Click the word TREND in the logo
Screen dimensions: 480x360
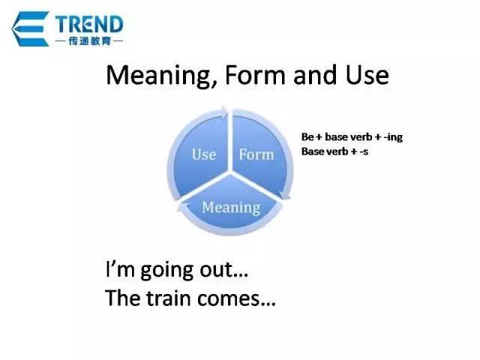(x=89, y=25)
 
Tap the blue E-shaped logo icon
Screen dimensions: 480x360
(x=30, y=29)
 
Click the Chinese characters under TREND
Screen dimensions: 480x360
(x=89, y=40)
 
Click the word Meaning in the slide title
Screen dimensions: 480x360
(x=161, y=75)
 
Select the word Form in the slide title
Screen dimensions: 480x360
(x=255, y=75)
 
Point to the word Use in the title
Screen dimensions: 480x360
(x=367, y=75)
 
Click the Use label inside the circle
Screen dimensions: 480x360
(x=204, y=154)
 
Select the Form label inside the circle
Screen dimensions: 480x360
(x=256, y=154)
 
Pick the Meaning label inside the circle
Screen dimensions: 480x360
(x=231, y=208)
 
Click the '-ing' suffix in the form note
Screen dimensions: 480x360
(x=393, y=137)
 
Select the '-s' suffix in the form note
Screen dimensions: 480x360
(x=364, y=151)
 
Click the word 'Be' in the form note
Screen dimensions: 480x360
(x=307, y=136)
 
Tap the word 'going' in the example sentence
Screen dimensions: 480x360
(x=166, y=271)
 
